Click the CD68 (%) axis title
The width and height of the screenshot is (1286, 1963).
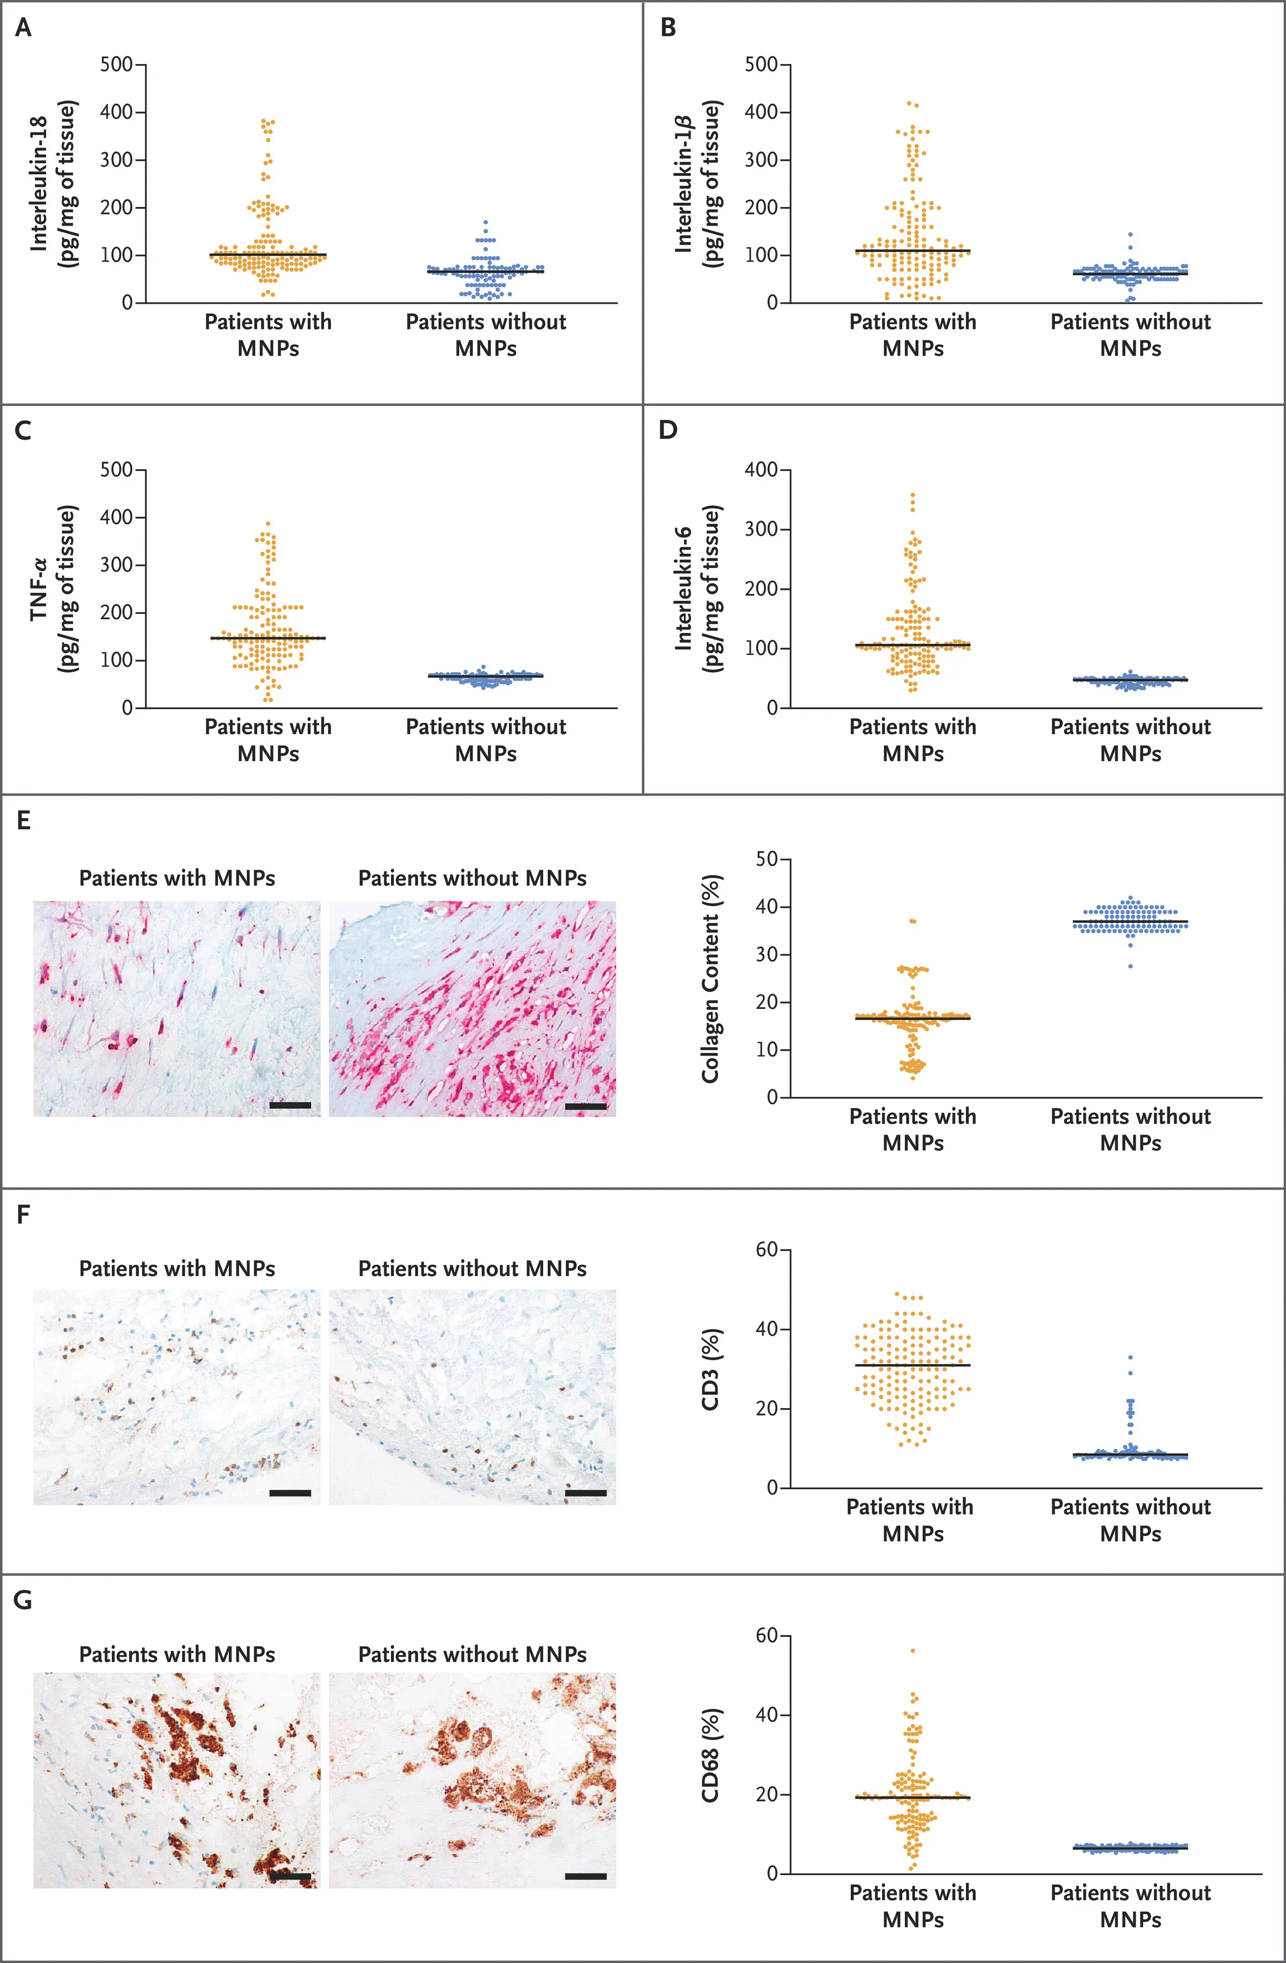pos(710,1755)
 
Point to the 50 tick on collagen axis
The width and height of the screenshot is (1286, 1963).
pos(767,859)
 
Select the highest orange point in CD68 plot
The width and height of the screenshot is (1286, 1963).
pos(912,1651)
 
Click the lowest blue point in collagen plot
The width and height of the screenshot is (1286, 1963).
pos(1130,966)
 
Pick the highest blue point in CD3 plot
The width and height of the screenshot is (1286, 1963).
pos(1130,1357)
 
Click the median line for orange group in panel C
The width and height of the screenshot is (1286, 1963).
pos(268,638)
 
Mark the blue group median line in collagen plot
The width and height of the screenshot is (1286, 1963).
pos(1130,922)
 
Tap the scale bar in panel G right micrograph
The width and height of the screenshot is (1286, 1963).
pos(585,1876)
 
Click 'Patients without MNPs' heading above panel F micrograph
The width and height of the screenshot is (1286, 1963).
pos(472,1269)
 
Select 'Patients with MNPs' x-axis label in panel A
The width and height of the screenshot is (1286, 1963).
pos(268,334)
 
